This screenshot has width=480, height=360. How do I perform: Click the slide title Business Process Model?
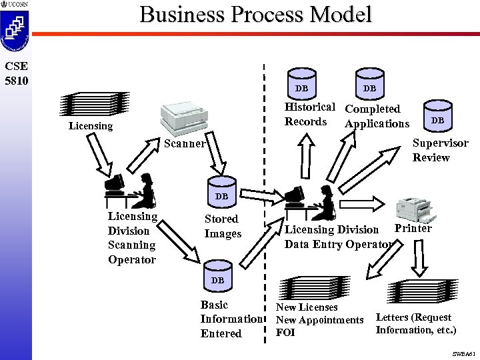click(x=255, y=15)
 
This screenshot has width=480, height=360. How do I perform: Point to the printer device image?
click(x=415, y=210)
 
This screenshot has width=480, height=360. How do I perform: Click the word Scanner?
click(x=185, y=143)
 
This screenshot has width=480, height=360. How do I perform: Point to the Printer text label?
click(x=413, y=229)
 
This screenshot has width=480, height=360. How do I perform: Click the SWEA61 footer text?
click(x=461, y=353)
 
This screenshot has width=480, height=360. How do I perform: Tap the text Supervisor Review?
click(x=440, y=150)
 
